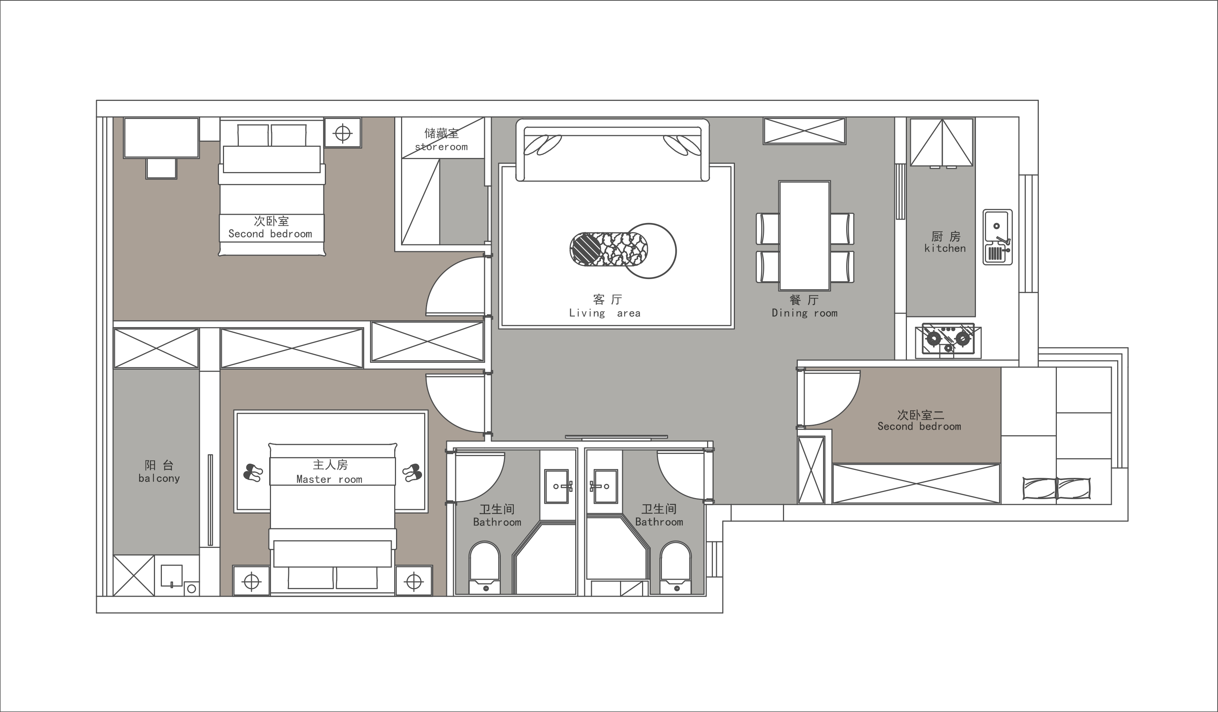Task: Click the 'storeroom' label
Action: tap(441, 147)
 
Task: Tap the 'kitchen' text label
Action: tap(945, 248)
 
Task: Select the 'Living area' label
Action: tap(604, 313)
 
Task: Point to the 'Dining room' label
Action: tap(804, 313)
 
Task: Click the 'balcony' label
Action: tap(159, 479)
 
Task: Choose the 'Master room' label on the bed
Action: tap(329, 480)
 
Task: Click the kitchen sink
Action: tap(998, 237)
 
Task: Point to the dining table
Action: tap(804, 236)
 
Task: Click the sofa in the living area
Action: tap(612, 150)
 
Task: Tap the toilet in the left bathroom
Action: tap(484, 567)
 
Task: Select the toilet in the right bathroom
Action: tap(676, 567)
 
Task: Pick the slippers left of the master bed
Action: tap(253, 472)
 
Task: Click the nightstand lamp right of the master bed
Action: tap(414, 582)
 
